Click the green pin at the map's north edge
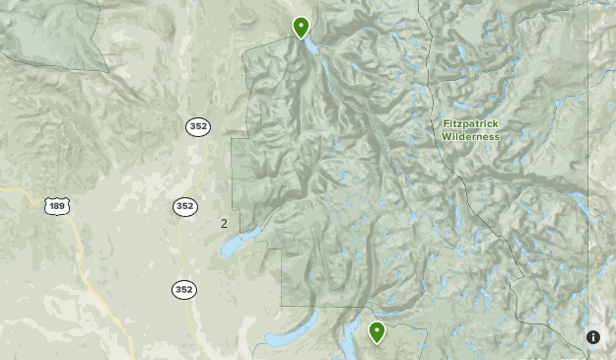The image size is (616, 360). (x=301, y=27)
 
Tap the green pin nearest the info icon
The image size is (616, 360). (x=376, y=331)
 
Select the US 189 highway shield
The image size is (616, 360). (x=56, y=205)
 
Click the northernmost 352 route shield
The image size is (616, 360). (x=197, y=126)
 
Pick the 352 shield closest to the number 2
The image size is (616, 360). (x=184, y=206)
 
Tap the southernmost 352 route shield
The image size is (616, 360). (x=184, y=290)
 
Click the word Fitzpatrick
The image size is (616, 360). (x=470, y=124)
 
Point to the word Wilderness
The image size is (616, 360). (x=470, y=137)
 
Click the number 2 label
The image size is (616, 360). (x=224, y=224)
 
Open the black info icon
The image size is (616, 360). (x=593, y=337)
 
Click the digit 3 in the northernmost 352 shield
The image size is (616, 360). (x=192, y=126)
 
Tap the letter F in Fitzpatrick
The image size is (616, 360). (x=445, y=124)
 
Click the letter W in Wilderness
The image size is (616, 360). (x=445, y=137)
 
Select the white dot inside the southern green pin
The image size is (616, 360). (x=376, y=328)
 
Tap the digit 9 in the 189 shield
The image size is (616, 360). (x=62, y=205)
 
